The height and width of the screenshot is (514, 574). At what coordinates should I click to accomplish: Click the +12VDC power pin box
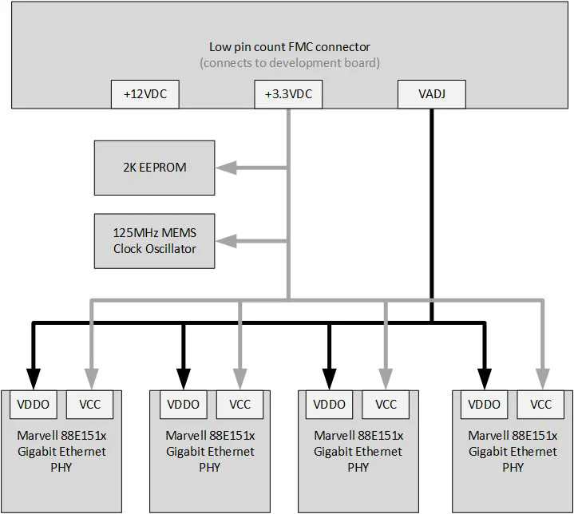(x=144, y=95)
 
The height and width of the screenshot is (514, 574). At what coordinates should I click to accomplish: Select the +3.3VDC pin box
(x=288, y=95)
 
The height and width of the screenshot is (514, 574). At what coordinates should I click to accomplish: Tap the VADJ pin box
(x=431, y=95)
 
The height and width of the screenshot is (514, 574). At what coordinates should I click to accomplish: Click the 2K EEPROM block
(x=154, y=168)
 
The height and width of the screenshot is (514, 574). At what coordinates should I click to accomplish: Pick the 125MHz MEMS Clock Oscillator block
(x=154, y=240)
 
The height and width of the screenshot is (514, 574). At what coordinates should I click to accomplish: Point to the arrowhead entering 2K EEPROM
(x=225, y=168)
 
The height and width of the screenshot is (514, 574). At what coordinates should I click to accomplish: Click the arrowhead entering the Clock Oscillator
(x=225, y=240)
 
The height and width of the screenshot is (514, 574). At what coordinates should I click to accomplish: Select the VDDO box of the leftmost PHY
(x=33, y=405)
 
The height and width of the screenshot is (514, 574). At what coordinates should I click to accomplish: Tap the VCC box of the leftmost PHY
(x=89, y=405)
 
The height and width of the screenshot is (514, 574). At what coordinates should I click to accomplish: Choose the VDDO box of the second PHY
(x=183, y=405)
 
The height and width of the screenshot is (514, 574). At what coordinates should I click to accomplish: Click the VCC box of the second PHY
(x=239, y=405)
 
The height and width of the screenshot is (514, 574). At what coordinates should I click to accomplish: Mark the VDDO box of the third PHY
(x=330, y=405)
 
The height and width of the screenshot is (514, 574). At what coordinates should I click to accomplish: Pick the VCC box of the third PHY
(x=386, y=405)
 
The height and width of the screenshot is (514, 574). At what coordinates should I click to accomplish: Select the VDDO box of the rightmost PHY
(x=484, y=405)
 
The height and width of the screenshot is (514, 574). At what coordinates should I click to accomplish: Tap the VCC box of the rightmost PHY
(x=540, y=405)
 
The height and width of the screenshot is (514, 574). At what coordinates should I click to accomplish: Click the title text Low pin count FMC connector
(x=289, y=47)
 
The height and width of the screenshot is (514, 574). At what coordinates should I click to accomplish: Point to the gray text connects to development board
(x=289, y=63)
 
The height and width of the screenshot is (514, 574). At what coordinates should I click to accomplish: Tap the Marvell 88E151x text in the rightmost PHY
(x=512, y=436)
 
